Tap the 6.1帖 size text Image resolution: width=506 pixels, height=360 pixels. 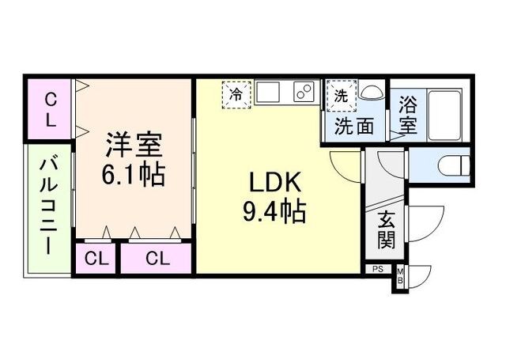pyautogui.click(x=133, y=174)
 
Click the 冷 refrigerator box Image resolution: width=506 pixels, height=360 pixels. pyautogui.click(x=236, y=93)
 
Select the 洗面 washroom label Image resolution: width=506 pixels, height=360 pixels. pyautogui.click(x=353, y=126)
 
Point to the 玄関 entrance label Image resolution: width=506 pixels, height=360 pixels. pyautogui.click(x=387, y=227)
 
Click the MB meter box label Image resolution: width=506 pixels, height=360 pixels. pyautogui.click(x=399, y=275)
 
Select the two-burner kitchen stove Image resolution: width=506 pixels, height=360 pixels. pyautogui.click(x=304, y=93)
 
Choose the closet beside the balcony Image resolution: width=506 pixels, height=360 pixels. pyautogui.click(x=50, y=110)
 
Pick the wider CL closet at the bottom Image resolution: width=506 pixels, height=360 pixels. pyautogui.click(x=157, y=259)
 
